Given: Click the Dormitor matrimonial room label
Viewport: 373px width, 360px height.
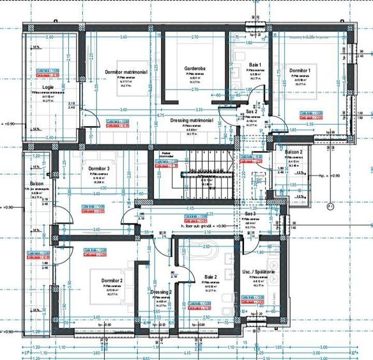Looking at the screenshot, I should (123, 72).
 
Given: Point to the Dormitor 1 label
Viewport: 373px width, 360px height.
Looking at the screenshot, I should (300, 70).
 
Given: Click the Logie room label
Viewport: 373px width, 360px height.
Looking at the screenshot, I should (48, 86).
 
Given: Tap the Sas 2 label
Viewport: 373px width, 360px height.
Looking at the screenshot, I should (251, 112).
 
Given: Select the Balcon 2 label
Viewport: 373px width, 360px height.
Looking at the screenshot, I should (293, 152).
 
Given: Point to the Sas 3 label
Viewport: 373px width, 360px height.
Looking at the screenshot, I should (250, 214).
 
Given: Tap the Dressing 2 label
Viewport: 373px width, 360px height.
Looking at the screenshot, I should (162, 292).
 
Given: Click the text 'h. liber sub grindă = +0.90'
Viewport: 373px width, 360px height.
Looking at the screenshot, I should (204, 225).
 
